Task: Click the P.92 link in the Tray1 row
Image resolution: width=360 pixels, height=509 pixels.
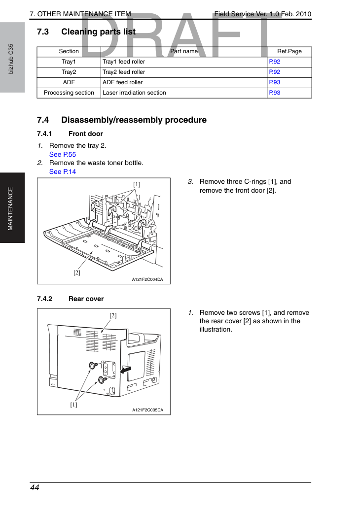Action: [275, 62]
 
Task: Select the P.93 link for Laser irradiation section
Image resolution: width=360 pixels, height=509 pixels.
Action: [275, 93]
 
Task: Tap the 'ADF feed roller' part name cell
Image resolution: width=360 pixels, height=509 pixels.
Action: [122, 82]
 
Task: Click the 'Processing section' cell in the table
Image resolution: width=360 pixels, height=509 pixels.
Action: [69, 93]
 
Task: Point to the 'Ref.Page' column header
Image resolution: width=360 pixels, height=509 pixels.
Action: [289, 51]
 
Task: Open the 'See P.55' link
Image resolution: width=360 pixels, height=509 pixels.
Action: [62, 155]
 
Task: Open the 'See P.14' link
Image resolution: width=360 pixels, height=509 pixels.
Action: [62, 172]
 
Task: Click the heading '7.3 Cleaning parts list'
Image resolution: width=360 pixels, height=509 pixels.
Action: [86, 32]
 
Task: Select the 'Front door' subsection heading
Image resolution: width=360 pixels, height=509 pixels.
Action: [86, 134]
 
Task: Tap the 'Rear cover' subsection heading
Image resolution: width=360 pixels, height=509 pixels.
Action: [86, 299]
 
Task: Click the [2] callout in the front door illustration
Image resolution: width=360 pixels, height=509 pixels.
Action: [76, 272]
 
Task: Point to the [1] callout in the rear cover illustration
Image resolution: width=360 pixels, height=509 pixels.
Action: [74, 405]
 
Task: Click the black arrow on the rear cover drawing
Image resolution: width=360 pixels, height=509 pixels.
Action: [126, 370]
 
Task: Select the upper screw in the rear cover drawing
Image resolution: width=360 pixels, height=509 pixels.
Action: [93, 366]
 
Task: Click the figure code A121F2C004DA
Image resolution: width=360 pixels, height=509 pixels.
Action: [147, 279]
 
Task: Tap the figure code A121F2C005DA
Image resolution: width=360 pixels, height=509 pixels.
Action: [147, 410]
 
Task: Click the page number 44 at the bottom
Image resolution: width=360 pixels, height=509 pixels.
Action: [35, 488]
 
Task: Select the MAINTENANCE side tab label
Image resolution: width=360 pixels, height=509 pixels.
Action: [10, 209]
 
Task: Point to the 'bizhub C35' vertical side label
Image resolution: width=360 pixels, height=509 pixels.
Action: [11, 59]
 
